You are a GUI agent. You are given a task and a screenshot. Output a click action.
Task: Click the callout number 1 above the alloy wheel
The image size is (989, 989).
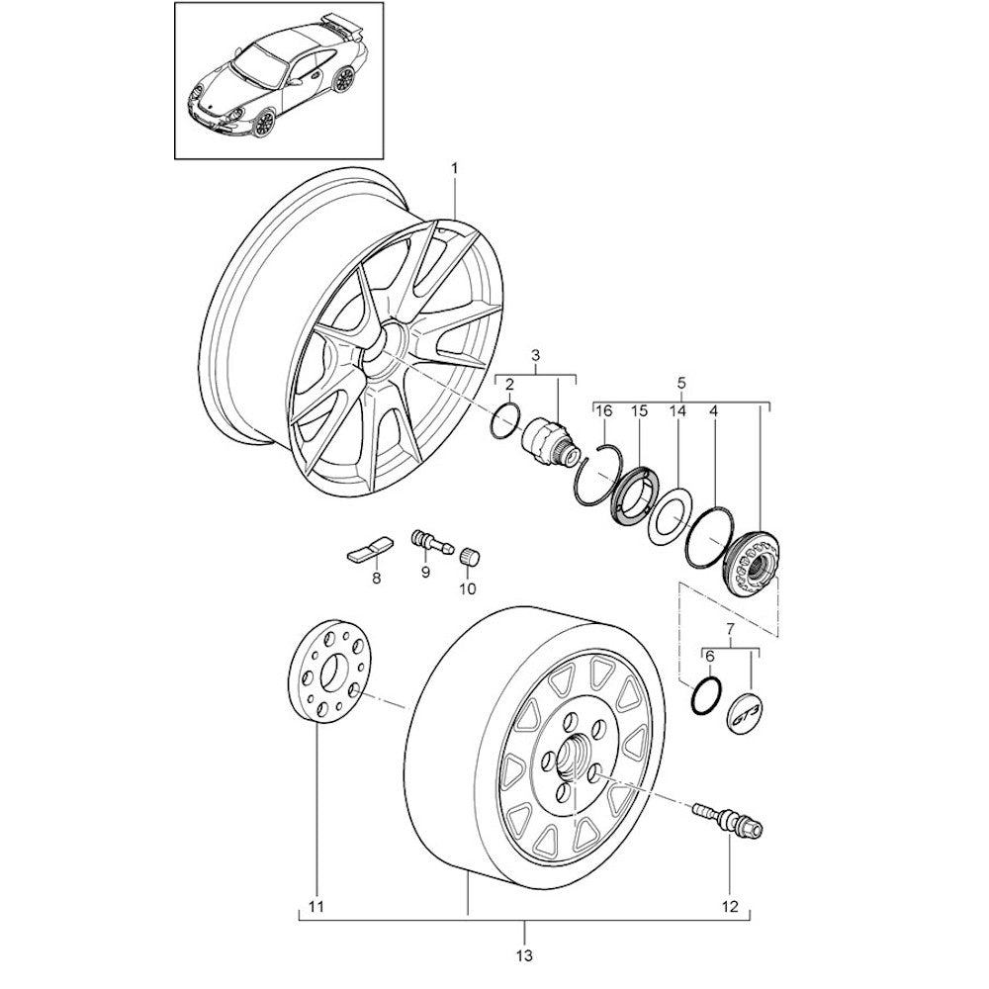click(x=455, y=169)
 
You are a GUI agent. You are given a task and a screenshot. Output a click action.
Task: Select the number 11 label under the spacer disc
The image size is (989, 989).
click(x=315, y=905)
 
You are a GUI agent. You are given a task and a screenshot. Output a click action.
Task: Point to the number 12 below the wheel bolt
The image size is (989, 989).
click(x=731, y=905)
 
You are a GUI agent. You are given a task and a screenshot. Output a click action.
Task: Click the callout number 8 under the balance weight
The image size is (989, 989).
click(x=376, y=579)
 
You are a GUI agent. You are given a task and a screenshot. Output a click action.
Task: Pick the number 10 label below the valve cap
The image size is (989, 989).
click(x=466, y=588)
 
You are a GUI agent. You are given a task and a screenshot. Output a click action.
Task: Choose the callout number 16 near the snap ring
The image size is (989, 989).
click(x=604, y=410)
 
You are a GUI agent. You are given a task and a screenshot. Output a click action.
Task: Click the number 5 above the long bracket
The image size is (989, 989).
click(x=680, y=382)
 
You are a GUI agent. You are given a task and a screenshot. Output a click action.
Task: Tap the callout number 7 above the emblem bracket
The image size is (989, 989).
click(x=731, y=629)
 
